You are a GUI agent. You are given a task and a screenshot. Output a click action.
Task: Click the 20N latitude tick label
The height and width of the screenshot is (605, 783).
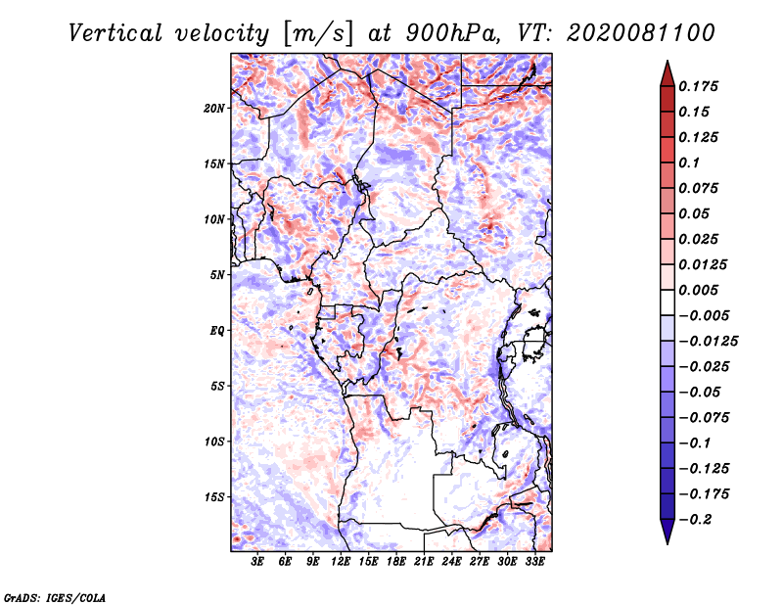tap(214, 108)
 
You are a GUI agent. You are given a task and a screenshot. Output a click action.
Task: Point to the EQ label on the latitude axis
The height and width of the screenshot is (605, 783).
tap(218, 331)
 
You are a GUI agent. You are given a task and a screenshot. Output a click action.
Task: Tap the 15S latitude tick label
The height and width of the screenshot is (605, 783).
tap(214, 497)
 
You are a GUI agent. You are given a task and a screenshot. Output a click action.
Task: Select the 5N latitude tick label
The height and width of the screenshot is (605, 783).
tap(217, 275)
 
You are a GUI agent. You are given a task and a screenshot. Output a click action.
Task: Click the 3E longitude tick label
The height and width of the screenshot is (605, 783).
tap(258, 562)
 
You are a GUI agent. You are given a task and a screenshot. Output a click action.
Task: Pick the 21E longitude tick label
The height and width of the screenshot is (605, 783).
tap(424, 562)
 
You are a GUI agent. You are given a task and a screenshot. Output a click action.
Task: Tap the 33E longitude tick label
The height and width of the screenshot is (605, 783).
tap(534, 562)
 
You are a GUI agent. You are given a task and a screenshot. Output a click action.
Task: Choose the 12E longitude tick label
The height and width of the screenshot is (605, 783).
tap(341, 562)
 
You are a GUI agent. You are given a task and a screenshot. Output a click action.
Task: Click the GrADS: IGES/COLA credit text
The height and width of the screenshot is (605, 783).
tap(55, 596)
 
